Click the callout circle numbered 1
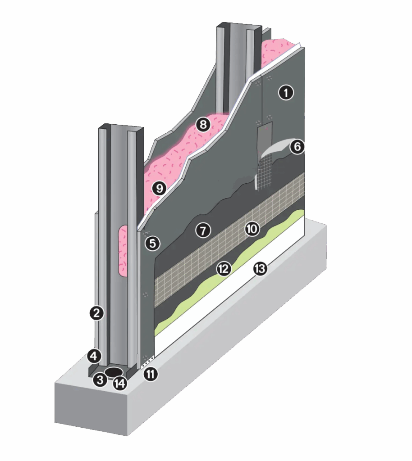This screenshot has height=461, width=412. point(286,93)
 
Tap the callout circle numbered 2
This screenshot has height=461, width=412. point(96,313)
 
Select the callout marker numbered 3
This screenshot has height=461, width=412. point(100,380)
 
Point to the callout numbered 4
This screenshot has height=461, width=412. point(94,356)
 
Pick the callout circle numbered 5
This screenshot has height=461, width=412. point(152,243)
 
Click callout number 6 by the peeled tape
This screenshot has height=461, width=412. point(297,146)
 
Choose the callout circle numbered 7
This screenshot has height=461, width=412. point(203,230)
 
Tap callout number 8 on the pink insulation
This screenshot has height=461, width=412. point(203,124)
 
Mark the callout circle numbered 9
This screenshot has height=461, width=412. point(159,188)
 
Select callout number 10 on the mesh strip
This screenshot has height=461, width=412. point(252,228)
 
